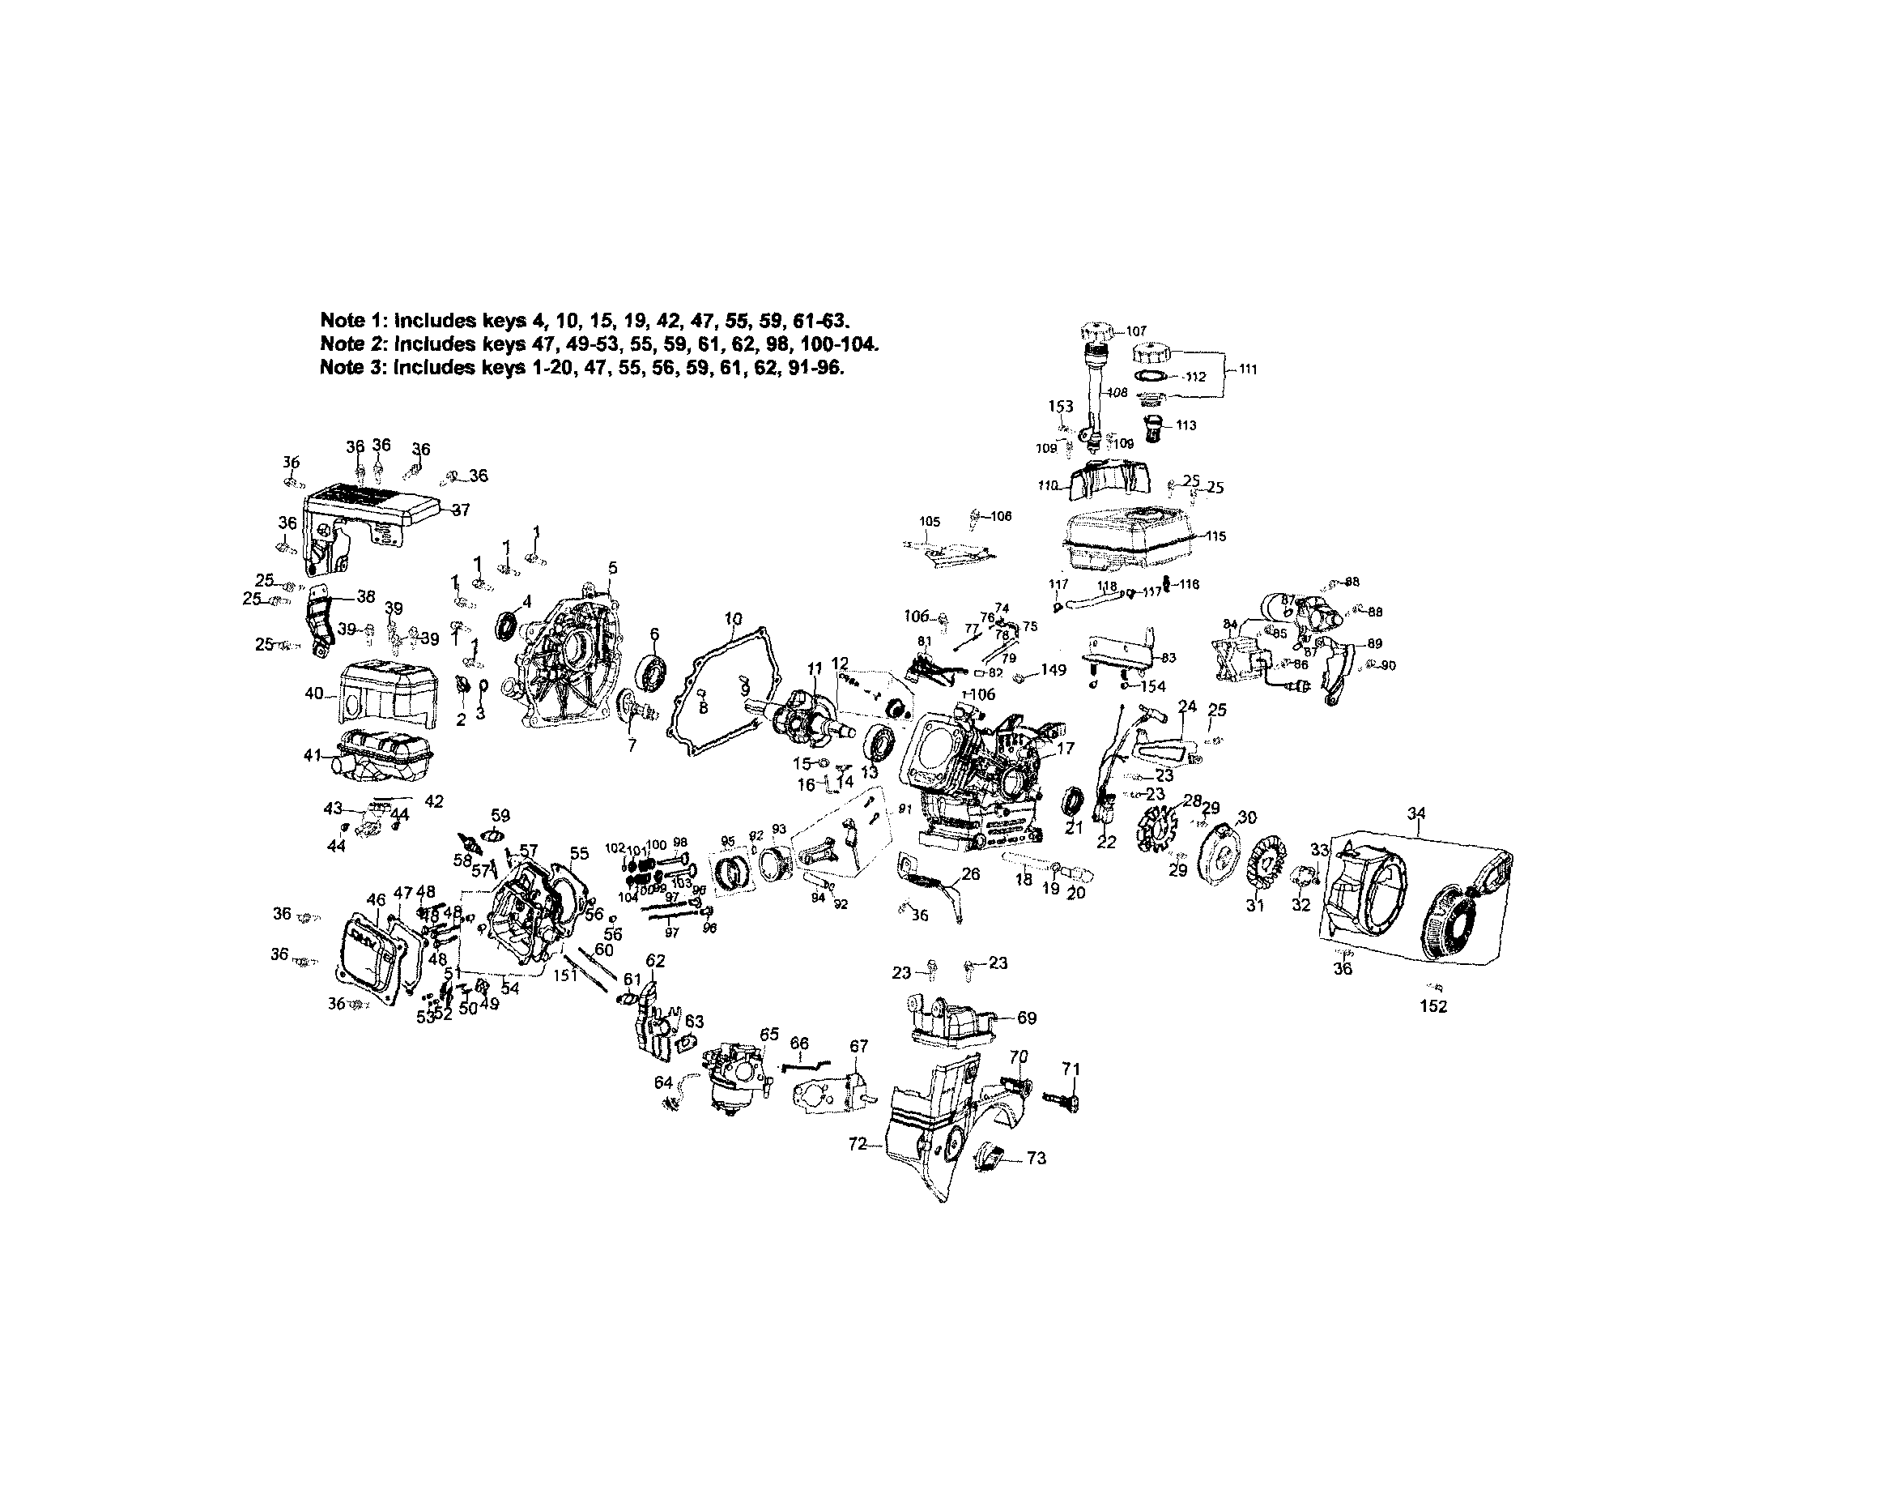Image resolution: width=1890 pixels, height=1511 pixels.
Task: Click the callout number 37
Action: click(x=461, y=510)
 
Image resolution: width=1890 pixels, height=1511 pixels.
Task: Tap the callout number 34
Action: click(x=1416, y=813)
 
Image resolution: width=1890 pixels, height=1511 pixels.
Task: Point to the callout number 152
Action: click(x=1433, y=1007)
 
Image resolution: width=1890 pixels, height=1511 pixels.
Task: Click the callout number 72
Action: click(x=858, y=1143)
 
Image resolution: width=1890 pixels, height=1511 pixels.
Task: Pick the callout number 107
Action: click(x=1136, y=331)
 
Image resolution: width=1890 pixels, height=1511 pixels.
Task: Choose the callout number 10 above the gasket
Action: click(x=734, y=619)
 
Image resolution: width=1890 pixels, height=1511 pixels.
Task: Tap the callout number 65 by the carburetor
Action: click(x=768, y=1035)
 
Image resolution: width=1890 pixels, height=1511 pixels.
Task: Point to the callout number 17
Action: click(x=1065, y=748)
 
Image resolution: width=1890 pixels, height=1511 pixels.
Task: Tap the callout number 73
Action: click(x=1037, y=1159)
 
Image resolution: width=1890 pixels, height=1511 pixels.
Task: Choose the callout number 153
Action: click(x=1061, y=406)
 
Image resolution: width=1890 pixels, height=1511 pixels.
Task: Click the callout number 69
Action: click(x=1027, y=1018)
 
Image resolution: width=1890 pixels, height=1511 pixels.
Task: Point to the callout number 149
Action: click(x=1054, y=670)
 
